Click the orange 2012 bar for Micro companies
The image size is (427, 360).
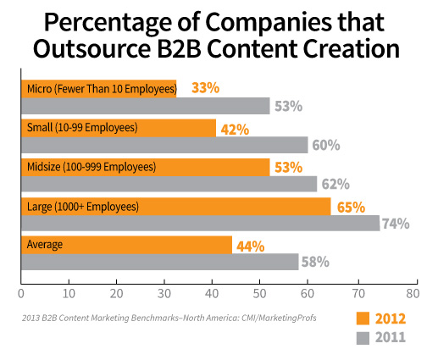(x=98, y=87)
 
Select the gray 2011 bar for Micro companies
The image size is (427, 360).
(x=145, y=106)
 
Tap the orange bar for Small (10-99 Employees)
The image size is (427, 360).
(x=118, y=127)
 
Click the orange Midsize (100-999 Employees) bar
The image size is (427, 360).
(x=145, y=166)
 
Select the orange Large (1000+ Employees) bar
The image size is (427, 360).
(x=175, y=205)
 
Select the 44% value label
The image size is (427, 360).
(x=250, y=246)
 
